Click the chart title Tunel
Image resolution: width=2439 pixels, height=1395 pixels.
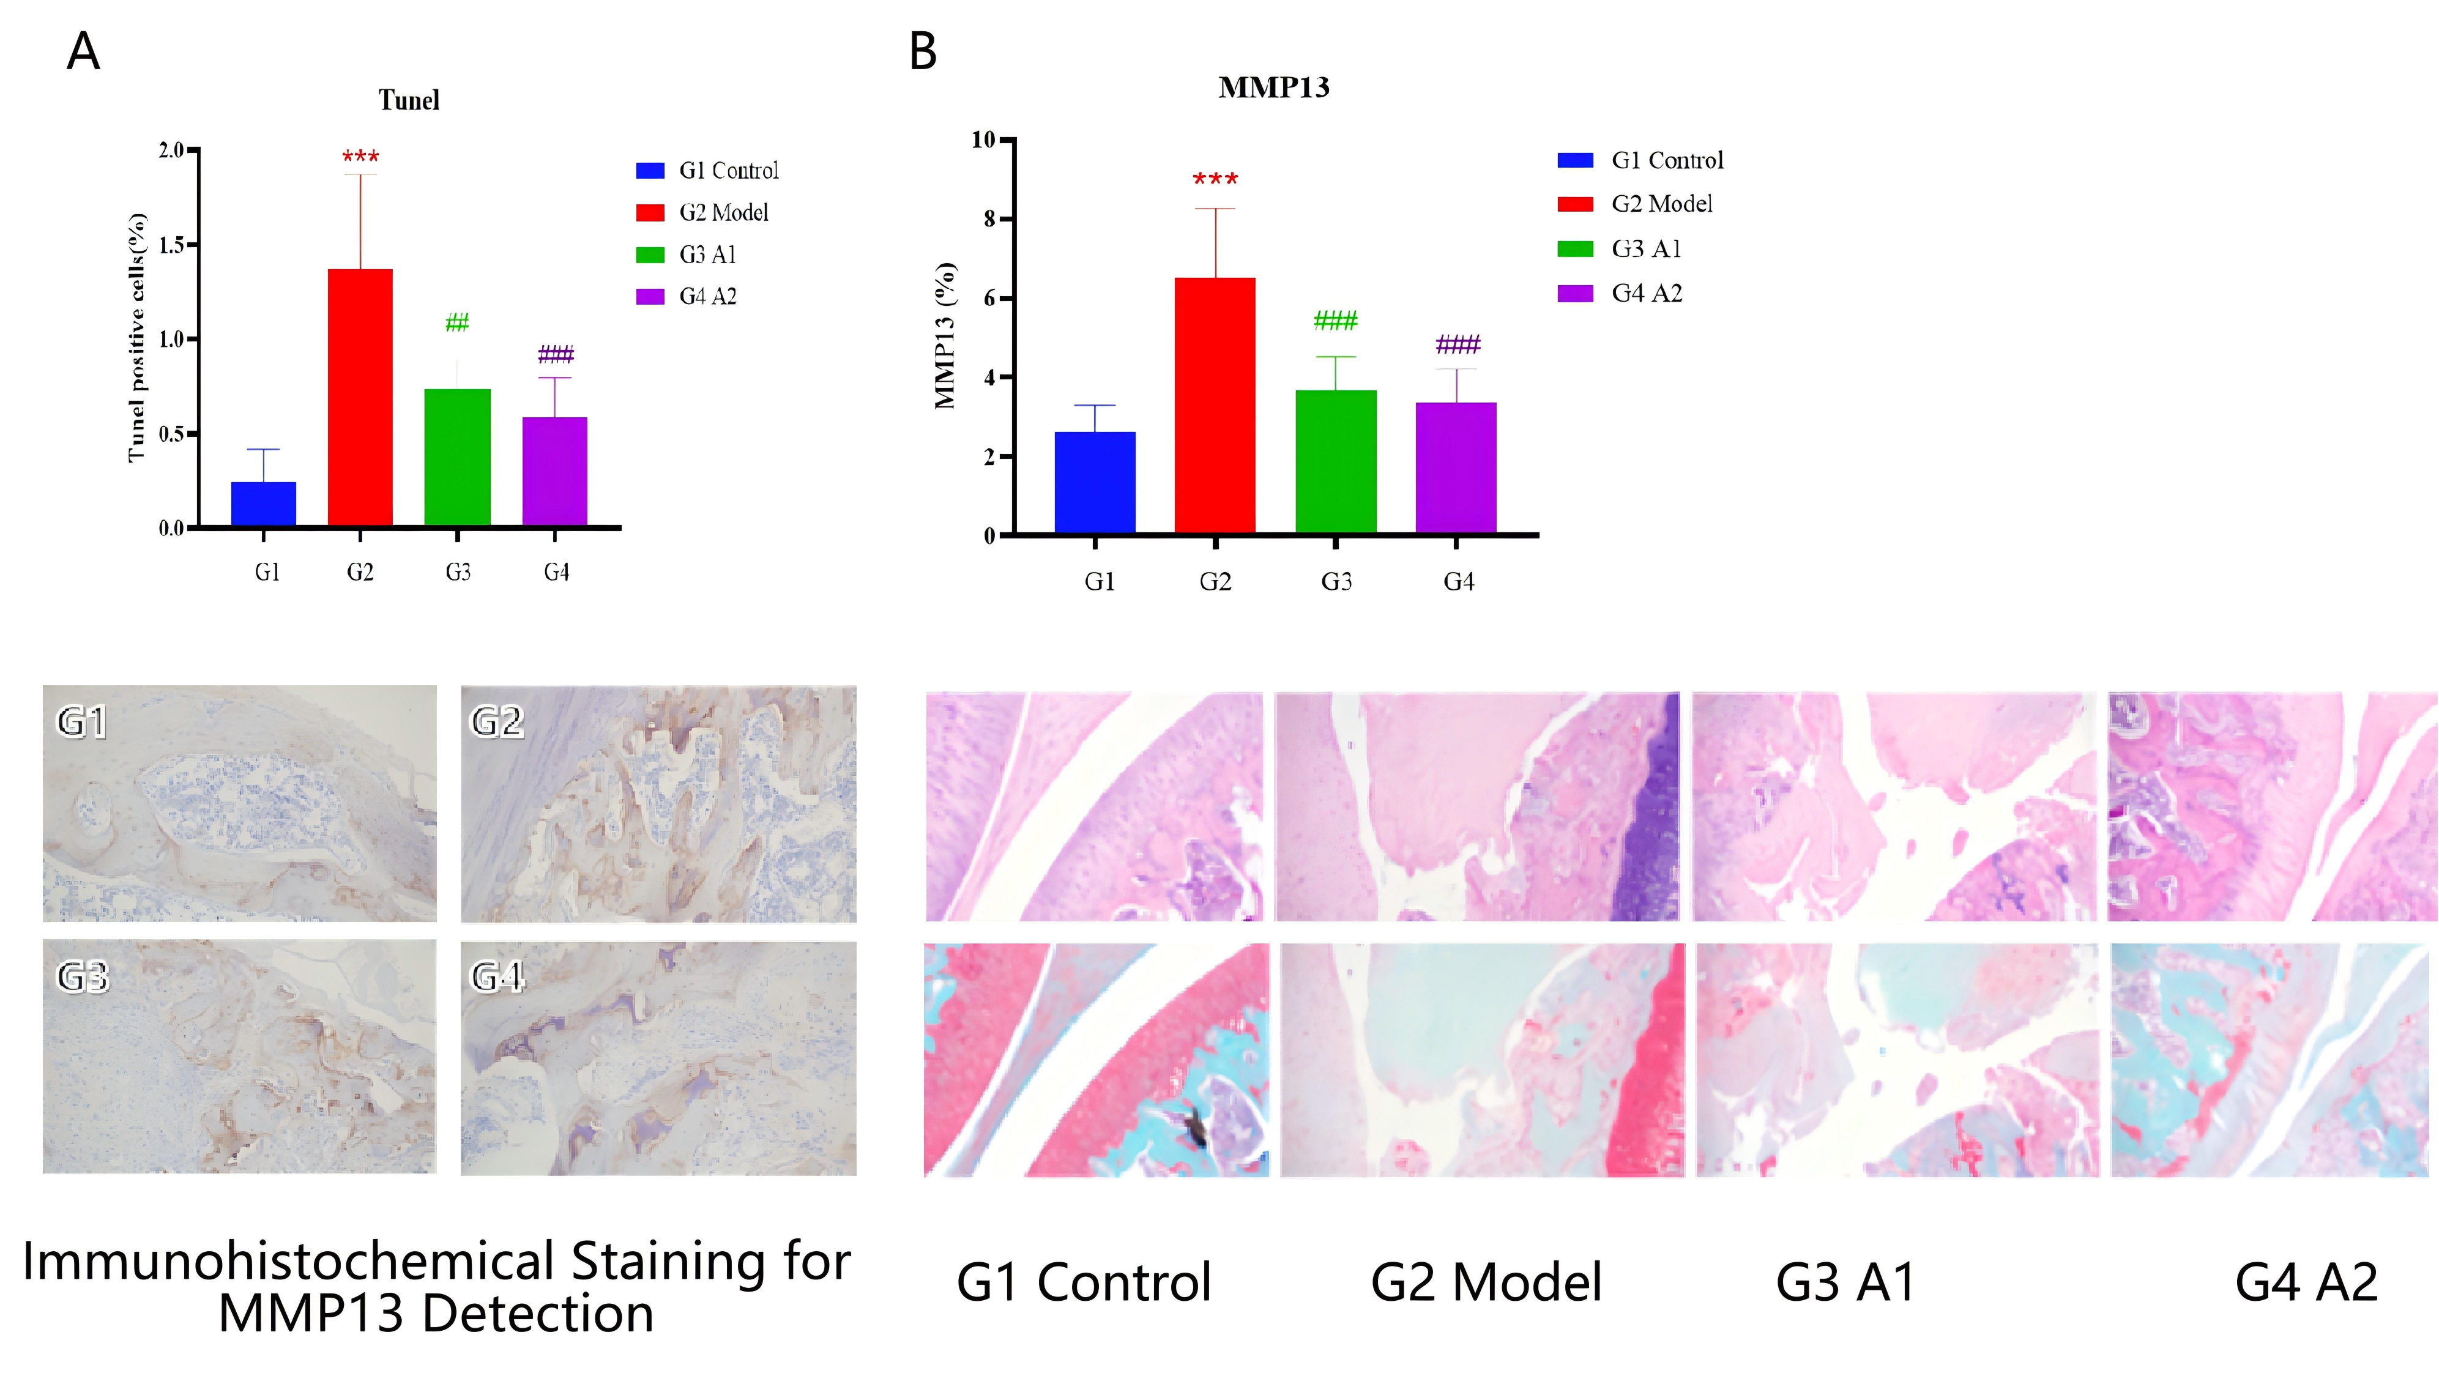tap(409, 100)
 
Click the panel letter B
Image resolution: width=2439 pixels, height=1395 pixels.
tap(923, 52)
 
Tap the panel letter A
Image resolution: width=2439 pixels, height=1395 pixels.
tap(83, 52)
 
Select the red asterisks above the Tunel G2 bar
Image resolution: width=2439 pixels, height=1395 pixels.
tap(360, 156)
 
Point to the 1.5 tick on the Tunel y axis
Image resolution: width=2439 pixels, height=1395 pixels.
tap(173, 245)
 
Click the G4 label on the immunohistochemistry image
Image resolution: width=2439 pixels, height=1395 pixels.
tap(497, 977)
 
